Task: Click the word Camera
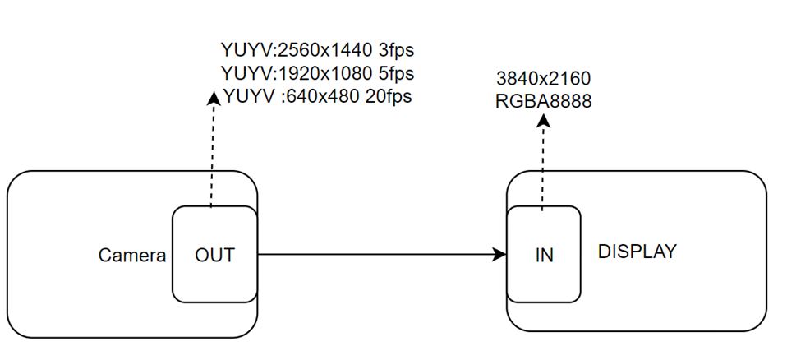tap(131, 256)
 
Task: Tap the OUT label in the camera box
tap(214, 256)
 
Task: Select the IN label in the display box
tap(544, 256)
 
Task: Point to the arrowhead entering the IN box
tap(499, 255)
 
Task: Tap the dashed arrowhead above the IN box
tap(543, 121)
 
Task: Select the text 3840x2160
tap(544, 79)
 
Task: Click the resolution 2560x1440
tap(320, 49)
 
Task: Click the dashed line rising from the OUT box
tap(212, 156)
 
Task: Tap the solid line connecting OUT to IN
tap(378, 255)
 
